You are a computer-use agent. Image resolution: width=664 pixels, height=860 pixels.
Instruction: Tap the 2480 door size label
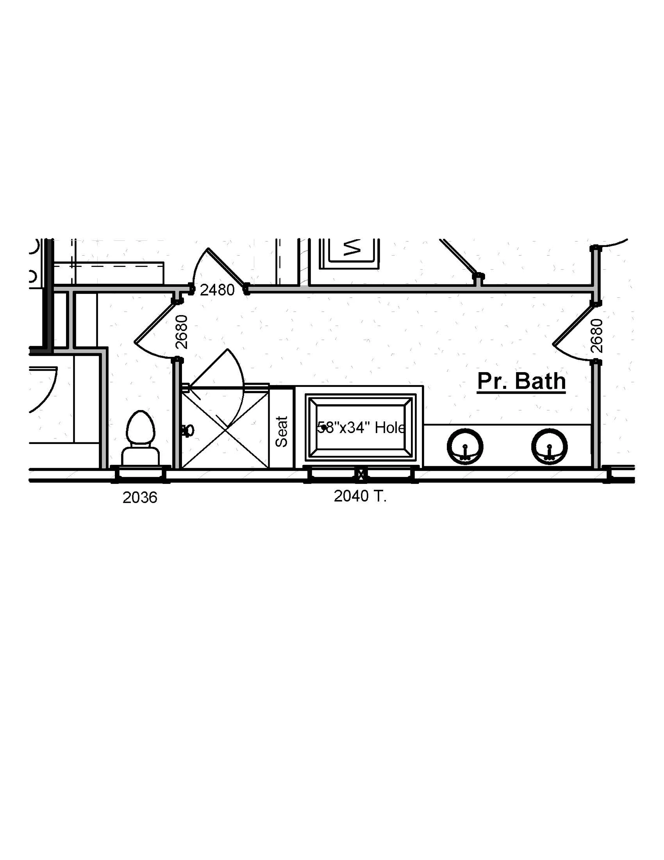click(x=217, y=290)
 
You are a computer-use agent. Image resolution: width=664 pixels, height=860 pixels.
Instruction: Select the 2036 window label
click(x=140, y=498)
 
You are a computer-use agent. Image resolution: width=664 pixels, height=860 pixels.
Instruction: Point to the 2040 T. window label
click(x=360, y=496)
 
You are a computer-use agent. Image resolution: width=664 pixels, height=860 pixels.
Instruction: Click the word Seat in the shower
click(x=282, y=432)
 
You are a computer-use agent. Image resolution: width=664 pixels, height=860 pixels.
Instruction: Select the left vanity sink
click(x=465, y=447)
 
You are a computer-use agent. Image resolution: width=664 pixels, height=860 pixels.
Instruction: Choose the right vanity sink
click(x=549, y=447)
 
